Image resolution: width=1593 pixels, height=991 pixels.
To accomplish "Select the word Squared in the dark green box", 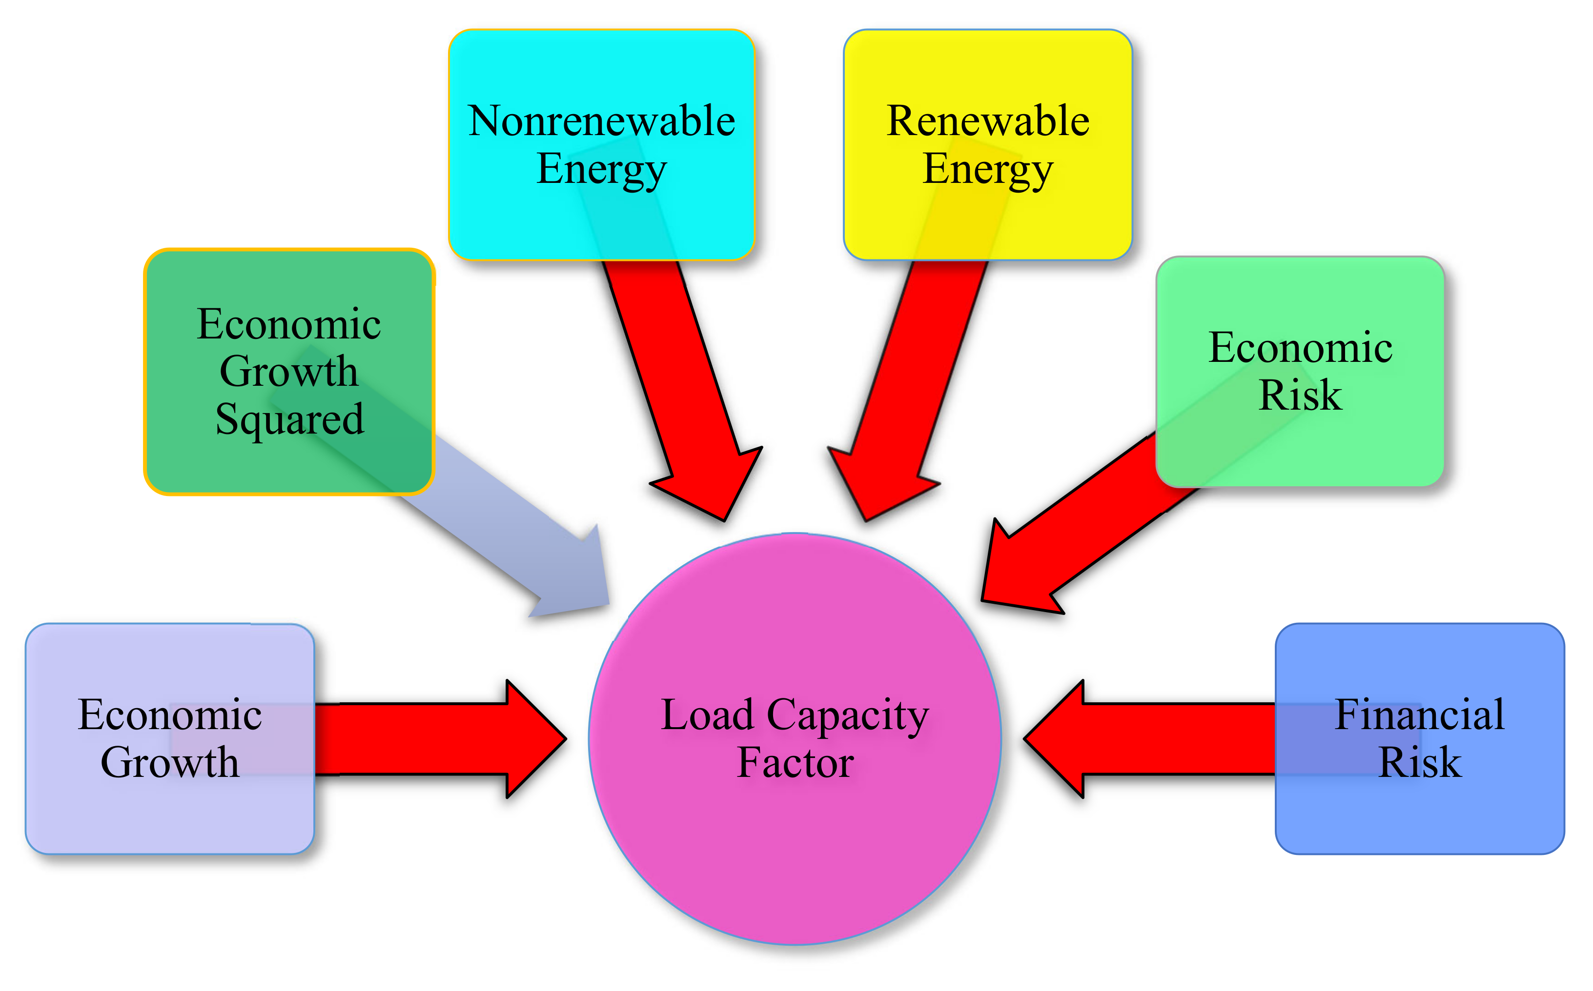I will coord(289,419).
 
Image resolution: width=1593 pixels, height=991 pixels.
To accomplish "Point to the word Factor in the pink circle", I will coord(795,762).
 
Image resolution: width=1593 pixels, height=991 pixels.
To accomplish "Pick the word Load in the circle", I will coord(707,714).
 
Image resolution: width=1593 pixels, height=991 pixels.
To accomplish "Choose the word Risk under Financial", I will coord(1420,762).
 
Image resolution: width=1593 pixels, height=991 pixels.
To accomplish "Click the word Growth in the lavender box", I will coord(170,763).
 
